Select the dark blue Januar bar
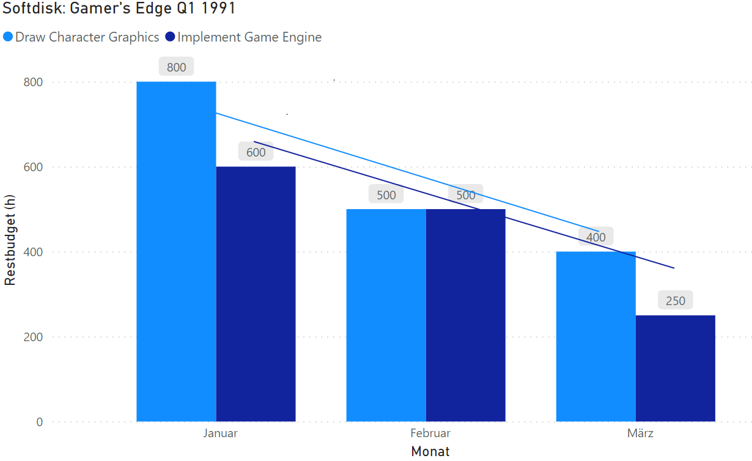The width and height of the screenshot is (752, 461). coord(256,293)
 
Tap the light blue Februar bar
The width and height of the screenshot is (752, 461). coord(386,315)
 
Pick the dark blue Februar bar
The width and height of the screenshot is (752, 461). coord(465,315)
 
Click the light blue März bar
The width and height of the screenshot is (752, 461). coord(595,336)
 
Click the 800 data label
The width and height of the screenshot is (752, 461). coord(176,67)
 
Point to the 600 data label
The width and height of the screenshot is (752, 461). coord(256,152)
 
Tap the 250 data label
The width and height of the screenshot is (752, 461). coord(675,301)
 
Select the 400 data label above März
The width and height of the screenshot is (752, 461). coord(595,237)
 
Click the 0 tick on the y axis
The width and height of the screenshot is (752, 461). coord(39,422)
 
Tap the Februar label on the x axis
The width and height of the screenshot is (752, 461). coord(430,433)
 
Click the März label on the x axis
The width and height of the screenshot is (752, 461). coord(640,433)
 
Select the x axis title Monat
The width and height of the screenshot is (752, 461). coord(430,452)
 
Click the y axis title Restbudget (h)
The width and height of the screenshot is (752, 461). coord(10,240)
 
